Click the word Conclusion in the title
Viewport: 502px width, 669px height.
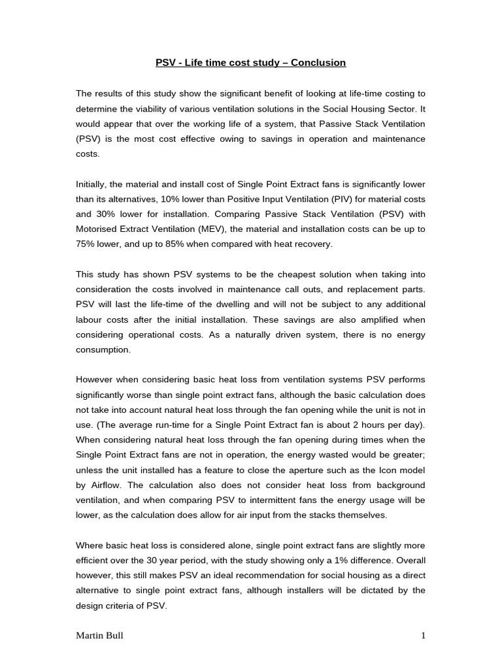318,63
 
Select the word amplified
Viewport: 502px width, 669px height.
379,319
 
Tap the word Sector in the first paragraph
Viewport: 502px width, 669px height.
393,108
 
